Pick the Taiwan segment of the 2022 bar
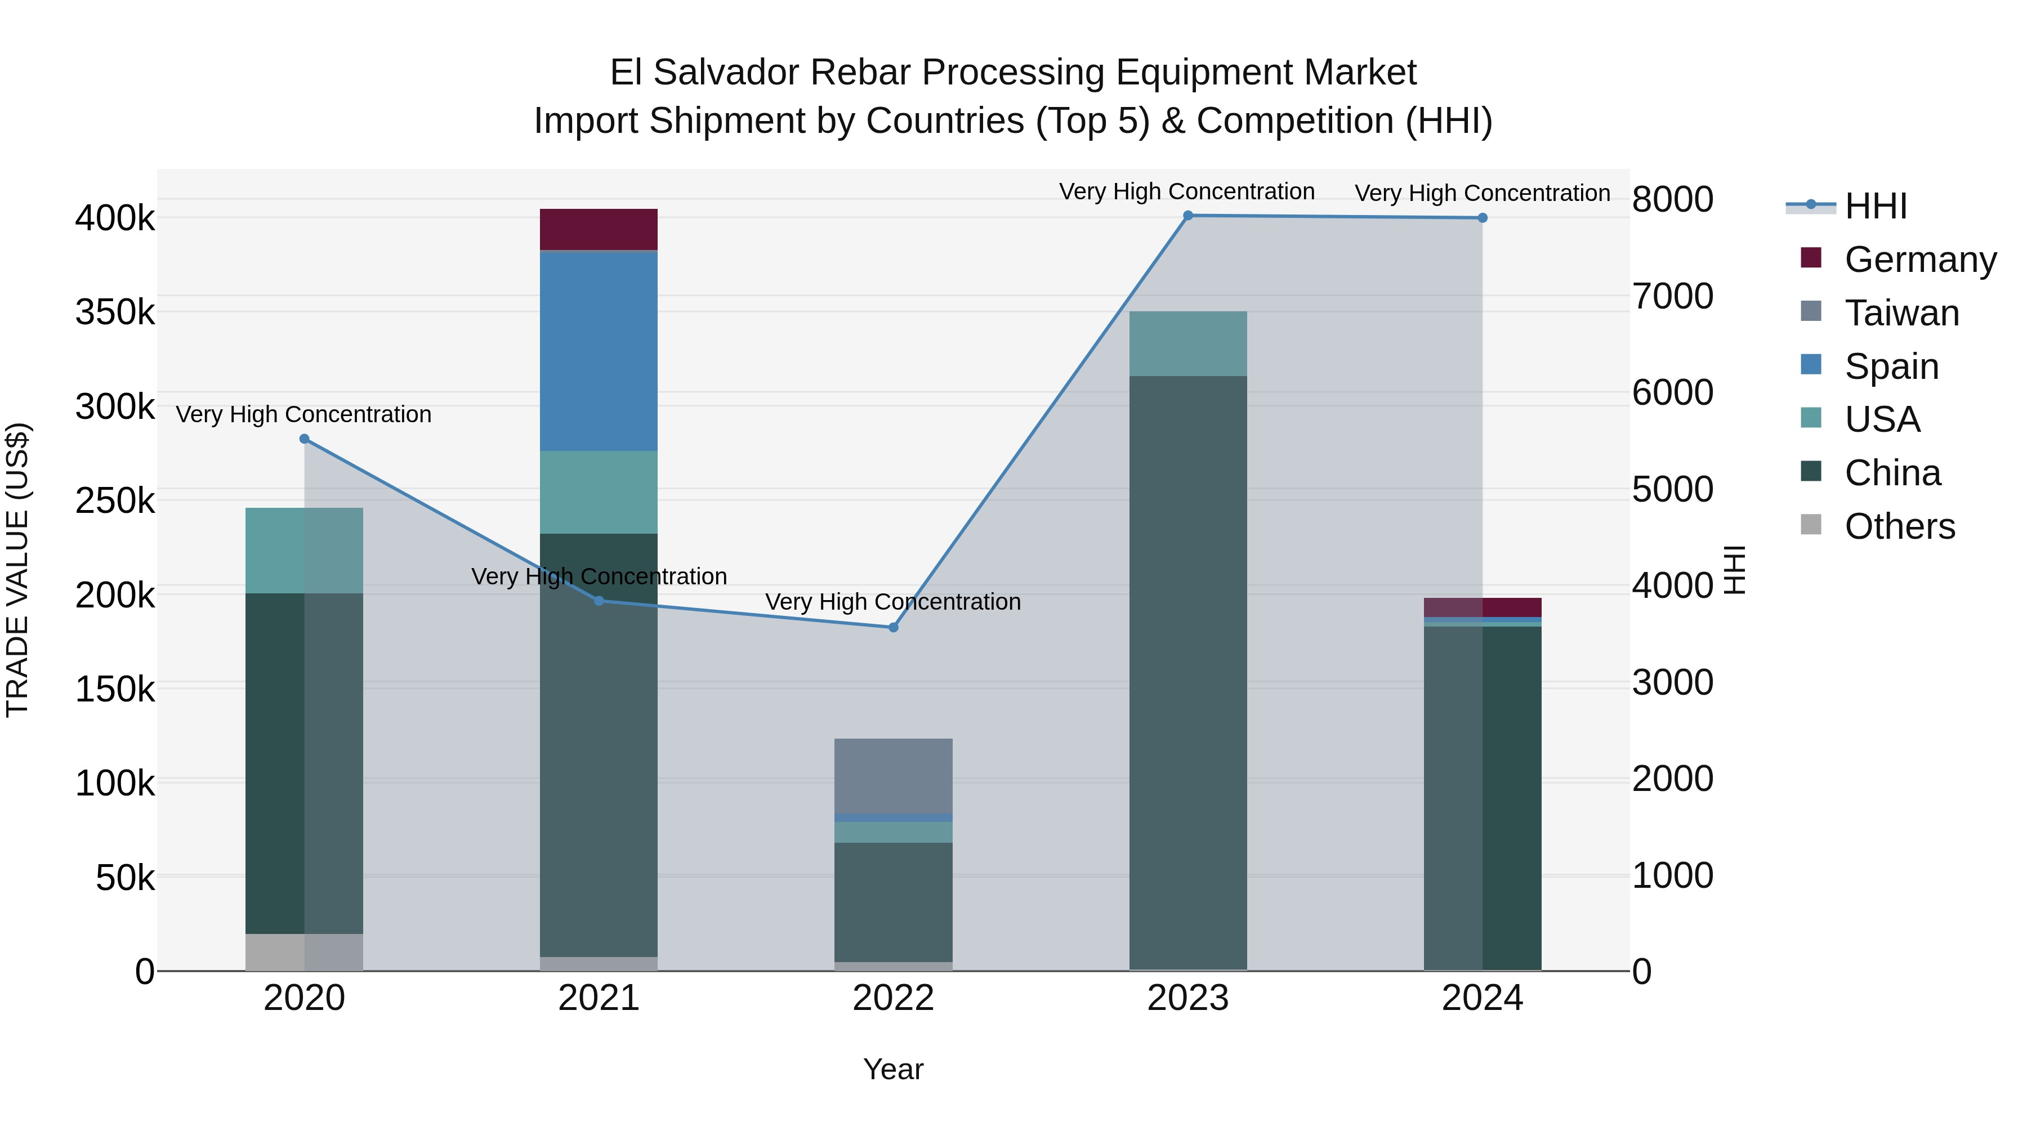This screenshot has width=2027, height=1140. click(x=893, y=775)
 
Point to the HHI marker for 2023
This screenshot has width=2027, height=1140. click(x=1187, y=216)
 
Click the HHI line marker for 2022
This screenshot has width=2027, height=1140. click(x=893, y=627)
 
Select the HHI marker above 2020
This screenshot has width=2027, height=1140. click(x=305, y=439)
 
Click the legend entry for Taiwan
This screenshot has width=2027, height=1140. click(x=1901, y=313)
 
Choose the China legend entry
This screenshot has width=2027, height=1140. click(x=1892, y=473)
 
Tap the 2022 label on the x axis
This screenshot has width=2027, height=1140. click(x=893, y=998)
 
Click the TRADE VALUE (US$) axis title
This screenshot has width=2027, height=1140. click(x=17, y=570)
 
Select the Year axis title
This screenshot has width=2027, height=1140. click(x=893, y=1069)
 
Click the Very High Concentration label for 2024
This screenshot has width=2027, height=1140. click(x=1482, y=193)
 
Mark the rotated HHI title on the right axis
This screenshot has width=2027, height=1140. click(x=1734, y=570)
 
